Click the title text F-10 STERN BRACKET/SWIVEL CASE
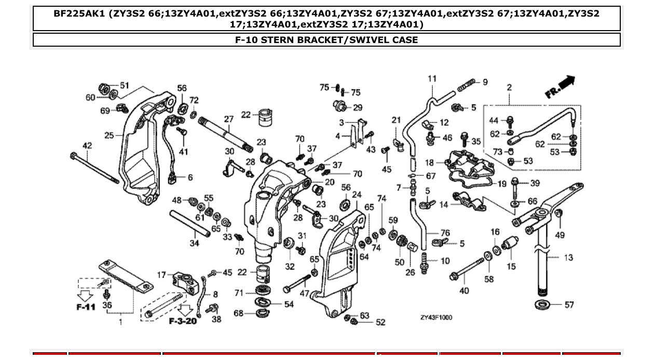(326, 40)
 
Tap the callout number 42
(87, 146)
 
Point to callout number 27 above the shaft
(229, 119)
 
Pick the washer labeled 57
(543, 304)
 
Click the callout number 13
(568, 257)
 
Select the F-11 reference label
(86, 307)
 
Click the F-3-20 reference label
(183, 321)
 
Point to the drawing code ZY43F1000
(436, 317)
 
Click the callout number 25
(109, 136)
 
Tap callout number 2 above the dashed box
(509, 87)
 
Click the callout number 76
(445, 233)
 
